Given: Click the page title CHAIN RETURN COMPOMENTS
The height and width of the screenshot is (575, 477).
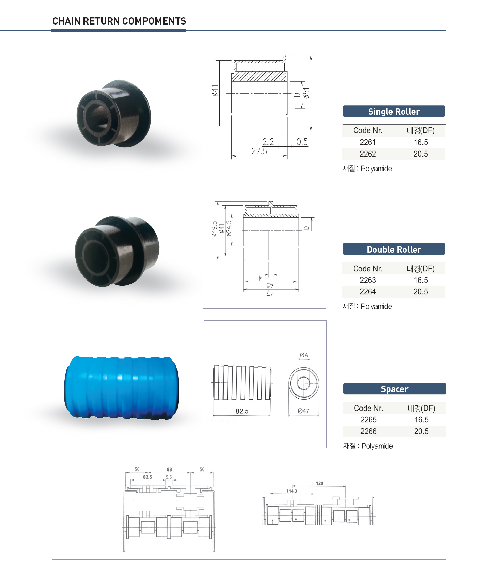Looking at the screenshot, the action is point(119,21).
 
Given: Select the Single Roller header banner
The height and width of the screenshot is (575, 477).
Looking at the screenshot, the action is point(394,111).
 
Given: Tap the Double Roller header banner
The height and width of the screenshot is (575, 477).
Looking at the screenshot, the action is point(394,249).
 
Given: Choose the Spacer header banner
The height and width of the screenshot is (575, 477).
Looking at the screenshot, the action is point(395,389).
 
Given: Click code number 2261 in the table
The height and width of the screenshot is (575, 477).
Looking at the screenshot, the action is point(368,142).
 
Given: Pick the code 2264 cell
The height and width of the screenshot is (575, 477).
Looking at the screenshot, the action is point(368,292).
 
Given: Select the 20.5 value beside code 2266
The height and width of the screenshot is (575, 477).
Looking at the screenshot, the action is point(421,431).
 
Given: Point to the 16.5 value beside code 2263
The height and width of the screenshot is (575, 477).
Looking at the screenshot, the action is point(421,280).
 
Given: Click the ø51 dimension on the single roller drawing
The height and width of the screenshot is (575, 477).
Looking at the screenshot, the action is point(307,93).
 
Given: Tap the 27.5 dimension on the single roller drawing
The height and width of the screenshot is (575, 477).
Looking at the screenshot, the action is point(259,151).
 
